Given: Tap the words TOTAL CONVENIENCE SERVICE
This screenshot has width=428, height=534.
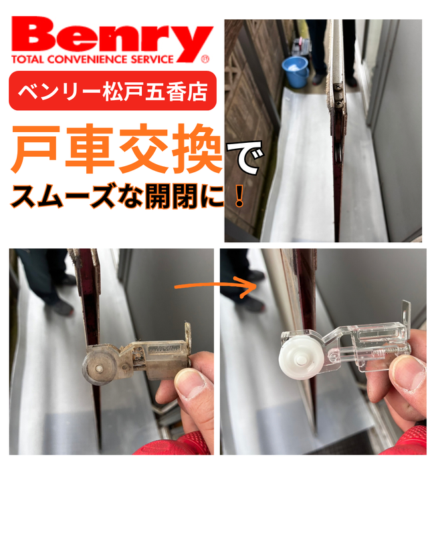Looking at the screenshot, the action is coord(92,59).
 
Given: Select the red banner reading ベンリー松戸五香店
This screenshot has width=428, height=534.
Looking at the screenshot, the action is coord(112,91).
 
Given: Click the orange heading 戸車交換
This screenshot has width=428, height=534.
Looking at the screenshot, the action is coord(117,149).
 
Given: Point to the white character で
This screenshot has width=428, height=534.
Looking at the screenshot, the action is coord(245,158).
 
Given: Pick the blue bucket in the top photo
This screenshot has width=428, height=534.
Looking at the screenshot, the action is coord(296,71).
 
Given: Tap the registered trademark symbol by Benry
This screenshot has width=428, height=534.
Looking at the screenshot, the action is coord(205,59).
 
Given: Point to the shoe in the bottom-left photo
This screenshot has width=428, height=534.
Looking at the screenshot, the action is coord(62,307).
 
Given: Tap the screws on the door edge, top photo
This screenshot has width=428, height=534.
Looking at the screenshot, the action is coord(337,94).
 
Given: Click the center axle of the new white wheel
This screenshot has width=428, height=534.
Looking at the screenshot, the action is coord(300,360).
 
